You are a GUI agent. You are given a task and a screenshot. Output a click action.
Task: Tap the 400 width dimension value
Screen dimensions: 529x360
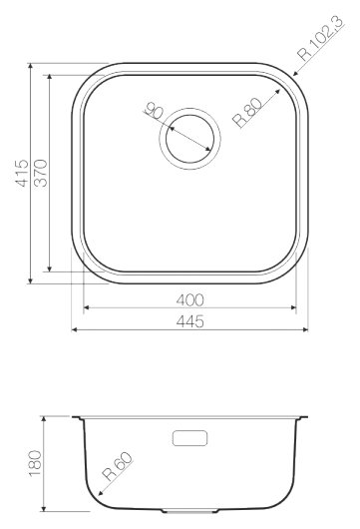click(x=190, y=298)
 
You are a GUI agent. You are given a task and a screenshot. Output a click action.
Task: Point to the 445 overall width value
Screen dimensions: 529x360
click(x=190, y=320)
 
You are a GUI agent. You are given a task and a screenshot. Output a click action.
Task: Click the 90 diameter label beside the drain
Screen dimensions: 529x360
click(x=153, y=109)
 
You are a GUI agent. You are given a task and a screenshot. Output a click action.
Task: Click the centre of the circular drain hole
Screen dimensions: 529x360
click(x=187, y=134)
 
